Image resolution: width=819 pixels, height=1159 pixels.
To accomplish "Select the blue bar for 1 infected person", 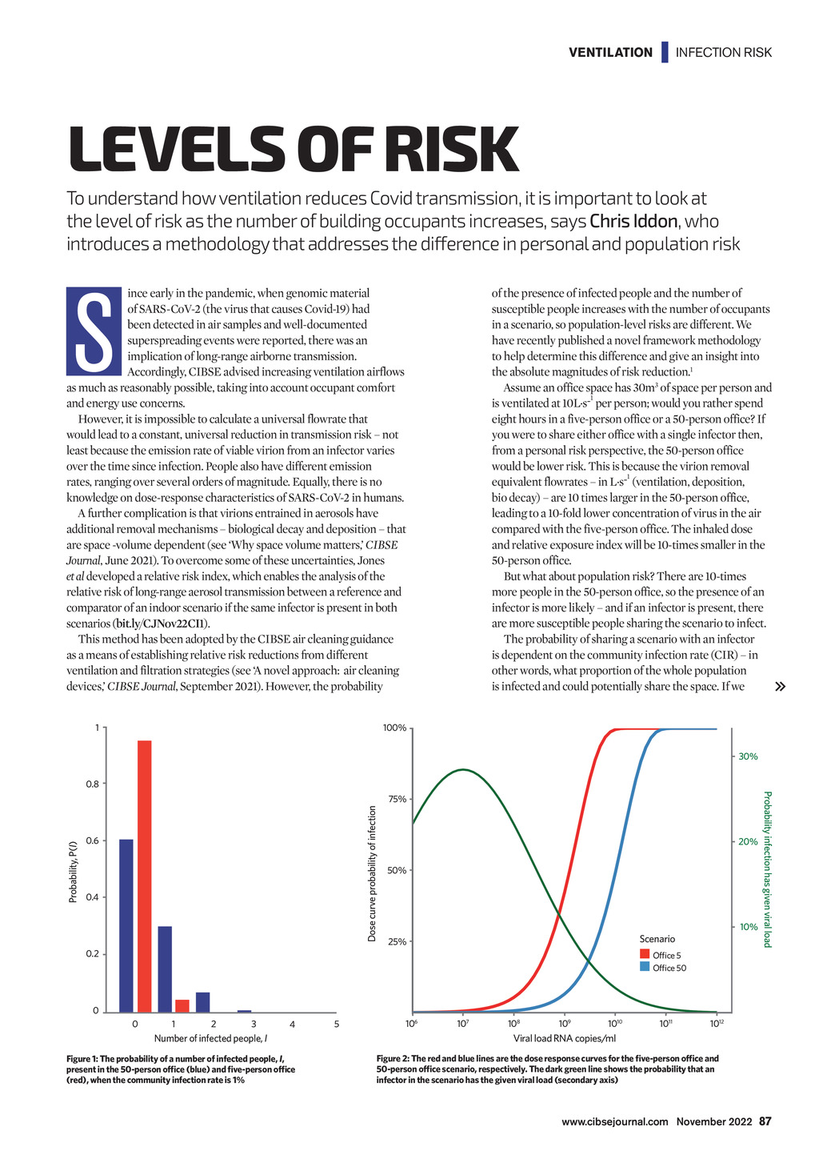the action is pos(165,969).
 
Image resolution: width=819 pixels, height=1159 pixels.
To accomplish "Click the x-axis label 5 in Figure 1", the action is pos(337,1024).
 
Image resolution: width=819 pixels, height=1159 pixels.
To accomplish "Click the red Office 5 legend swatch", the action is pos(644,953).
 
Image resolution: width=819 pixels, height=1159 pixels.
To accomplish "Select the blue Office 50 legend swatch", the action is pos(644,966).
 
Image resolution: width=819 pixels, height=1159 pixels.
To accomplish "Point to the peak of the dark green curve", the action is pos(463,769).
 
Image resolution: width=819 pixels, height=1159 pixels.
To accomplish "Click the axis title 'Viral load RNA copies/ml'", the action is pos(564,1038).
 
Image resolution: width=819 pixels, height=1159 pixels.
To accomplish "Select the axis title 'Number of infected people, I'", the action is pos(210,1038).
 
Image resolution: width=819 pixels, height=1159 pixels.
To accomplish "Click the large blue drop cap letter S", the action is pos(94,331).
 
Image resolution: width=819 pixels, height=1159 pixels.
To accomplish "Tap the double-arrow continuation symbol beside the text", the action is pos(781,686).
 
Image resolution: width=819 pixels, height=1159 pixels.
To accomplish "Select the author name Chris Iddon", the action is pos(633,221).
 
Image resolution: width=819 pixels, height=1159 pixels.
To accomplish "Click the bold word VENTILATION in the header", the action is pos(610,52).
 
